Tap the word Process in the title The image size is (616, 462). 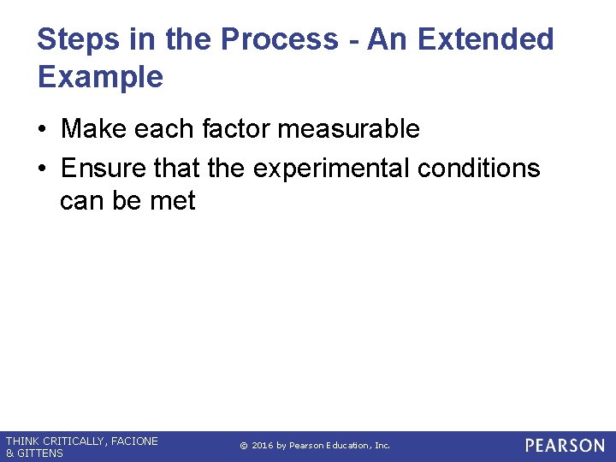coord(279,39)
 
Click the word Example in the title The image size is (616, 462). coord(100,77)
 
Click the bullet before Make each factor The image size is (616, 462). coord(43,130)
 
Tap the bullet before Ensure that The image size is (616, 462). coord(43,169)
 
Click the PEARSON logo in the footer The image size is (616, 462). coord(564,446)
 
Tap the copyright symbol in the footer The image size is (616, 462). coord(243,446)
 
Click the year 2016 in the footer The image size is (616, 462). coord(262,446)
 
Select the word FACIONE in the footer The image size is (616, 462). coord(134,441)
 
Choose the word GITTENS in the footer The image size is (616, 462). coord(40,453)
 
